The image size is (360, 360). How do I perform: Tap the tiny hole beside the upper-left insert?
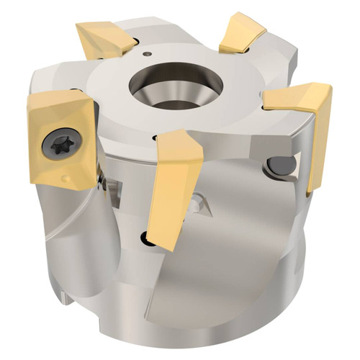147,53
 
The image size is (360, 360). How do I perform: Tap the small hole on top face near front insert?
154,137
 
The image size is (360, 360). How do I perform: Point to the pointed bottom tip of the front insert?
170,248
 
